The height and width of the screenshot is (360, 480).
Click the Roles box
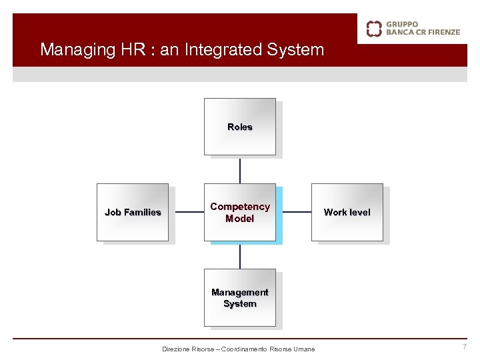pos(239,127)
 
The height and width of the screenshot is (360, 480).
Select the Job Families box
pos(133,212)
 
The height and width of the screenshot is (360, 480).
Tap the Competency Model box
pos(239,212)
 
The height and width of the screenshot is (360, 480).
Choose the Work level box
pos(347,212)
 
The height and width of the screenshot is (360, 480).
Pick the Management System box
pos(239,297)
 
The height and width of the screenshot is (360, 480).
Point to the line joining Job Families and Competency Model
pos(186,213)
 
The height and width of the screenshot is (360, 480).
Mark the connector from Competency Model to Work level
pos(293,213)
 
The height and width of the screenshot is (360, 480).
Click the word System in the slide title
pos(295,50)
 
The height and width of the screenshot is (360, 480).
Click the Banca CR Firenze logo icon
pos(374,28)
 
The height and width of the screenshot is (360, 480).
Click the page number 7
pos(465,347)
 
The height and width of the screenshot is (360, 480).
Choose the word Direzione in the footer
pos(176,349)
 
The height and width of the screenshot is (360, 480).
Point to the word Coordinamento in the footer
pos(246,349)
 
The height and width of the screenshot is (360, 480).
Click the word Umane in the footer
pos(304,349)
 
